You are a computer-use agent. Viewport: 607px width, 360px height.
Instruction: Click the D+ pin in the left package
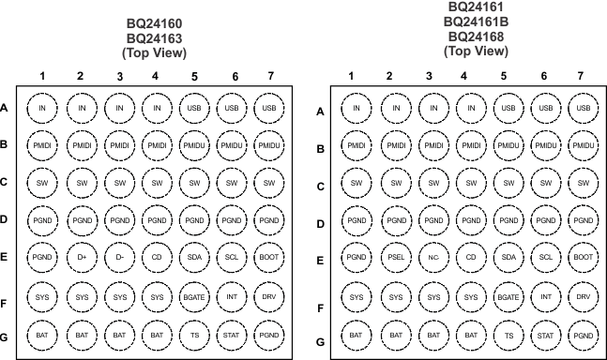[81, 257]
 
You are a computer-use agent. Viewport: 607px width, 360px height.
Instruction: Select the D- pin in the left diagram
[119, 257]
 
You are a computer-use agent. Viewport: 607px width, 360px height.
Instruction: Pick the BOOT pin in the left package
[269, 257]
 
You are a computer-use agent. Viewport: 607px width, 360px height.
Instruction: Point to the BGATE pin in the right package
[508, 297]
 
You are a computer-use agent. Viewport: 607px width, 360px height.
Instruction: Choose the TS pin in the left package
[192, 333]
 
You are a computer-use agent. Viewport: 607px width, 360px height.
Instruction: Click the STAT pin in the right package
[545, 334]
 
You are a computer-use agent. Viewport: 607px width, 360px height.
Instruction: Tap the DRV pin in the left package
[269, 296]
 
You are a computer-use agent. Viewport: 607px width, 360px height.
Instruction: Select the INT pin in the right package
[545, 297]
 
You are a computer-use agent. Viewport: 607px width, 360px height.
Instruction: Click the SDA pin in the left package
[192, 257]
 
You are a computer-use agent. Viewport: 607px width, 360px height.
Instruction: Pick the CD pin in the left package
[156, 257]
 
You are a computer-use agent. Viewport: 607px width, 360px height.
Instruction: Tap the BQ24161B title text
[469, 22]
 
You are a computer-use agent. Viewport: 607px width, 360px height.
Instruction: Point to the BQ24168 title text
[469, 36]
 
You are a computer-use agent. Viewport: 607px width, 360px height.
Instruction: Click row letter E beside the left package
[5, 257]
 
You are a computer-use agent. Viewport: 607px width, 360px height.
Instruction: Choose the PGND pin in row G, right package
[584, 334]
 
